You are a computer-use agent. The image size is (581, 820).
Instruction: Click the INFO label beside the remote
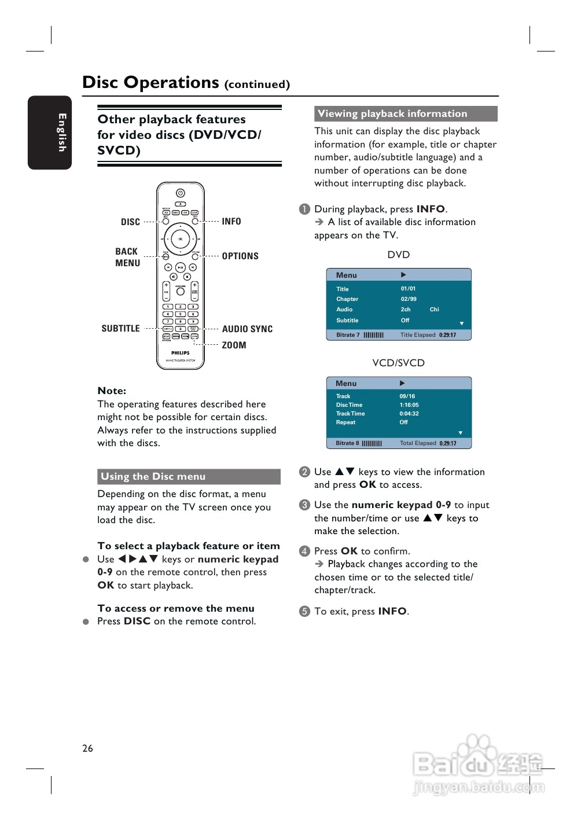tap(231, 222)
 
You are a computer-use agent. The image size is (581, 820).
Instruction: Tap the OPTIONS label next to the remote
tap(240, 256)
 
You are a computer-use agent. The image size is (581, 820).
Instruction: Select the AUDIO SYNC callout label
tap(247, 329)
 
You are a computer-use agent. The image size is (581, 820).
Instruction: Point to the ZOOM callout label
tap(234, 345)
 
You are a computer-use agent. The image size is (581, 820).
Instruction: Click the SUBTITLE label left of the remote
tap(120, 329)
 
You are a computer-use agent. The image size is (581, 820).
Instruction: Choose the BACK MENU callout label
tap(127, 258)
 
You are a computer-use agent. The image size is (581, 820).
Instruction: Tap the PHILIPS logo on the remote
tap(180, 352)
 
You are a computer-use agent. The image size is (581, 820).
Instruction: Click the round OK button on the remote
tap(180, 238)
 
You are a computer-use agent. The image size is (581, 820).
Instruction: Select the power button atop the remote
tap(180, 193)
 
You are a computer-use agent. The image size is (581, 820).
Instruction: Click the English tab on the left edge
tap(50, 133)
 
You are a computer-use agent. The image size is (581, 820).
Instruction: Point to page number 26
tap(87, 748)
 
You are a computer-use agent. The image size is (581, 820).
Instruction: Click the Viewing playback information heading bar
tap(406, 114)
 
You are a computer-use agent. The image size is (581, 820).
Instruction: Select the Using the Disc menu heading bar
tap(189, 477)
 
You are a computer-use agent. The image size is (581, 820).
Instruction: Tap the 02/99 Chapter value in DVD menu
tap(409, 299)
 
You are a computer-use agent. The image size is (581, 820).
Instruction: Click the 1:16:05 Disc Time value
tap(409, 405)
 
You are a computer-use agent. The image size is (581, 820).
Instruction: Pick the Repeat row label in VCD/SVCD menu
tap(345, 422)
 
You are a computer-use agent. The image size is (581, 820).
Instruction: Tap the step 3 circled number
tap(304, 505)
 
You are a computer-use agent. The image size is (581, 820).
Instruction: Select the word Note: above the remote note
tap(112, 391)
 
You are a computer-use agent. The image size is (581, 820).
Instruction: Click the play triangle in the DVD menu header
tap(403, 275)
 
